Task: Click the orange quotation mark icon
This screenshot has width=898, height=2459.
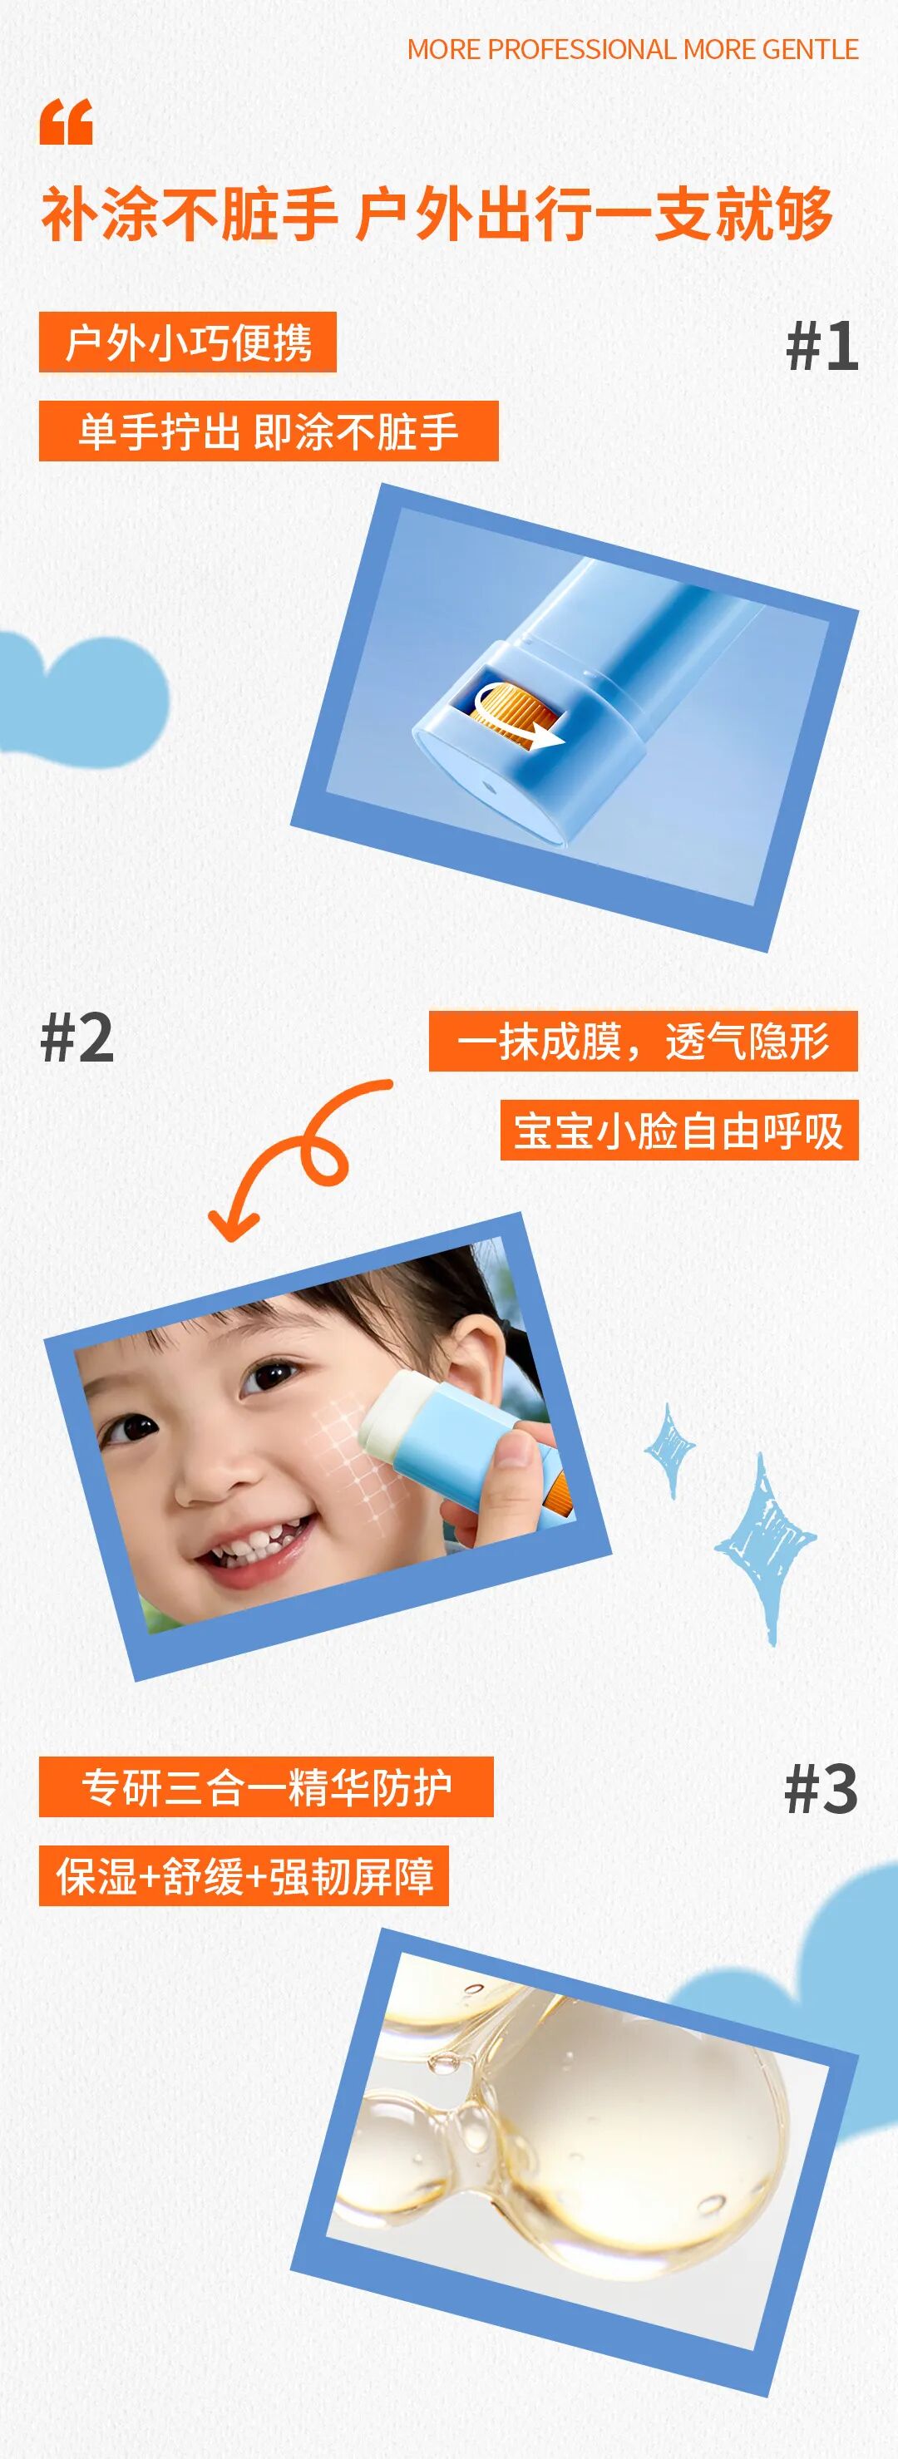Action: point(67,122)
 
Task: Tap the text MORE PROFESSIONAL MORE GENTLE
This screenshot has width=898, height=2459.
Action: point(633,50)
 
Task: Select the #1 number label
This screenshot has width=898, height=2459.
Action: point(822,346)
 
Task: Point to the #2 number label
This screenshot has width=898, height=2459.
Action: point(77,1037)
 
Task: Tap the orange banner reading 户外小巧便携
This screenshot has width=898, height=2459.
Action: point(188,342)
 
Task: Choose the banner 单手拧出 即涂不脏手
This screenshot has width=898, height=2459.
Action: point(269,431)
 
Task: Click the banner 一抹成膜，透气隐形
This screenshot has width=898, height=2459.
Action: point(644,1041)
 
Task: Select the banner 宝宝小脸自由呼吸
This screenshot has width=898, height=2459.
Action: point(679,1131)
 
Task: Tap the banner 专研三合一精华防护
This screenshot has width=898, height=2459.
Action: point(266,1787)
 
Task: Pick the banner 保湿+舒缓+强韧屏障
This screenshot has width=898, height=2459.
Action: point(244,1875)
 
